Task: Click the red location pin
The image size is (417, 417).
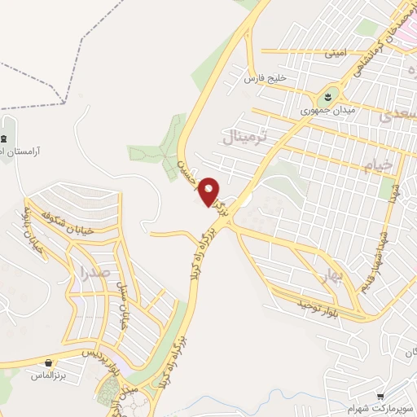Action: tap(209, 191)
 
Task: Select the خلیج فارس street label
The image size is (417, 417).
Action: tap(262, 77)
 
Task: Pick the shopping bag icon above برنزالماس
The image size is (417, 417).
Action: tap(50, 363)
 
